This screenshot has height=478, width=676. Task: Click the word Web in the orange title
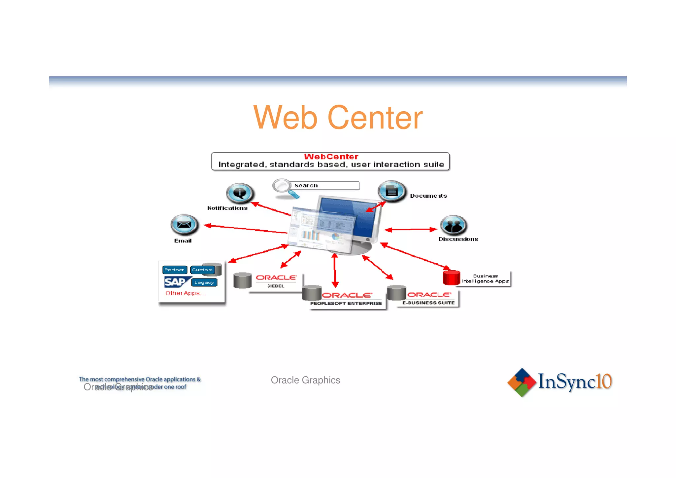point(285,118)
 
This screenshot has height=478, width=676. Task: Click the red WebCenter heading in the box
point(331,157)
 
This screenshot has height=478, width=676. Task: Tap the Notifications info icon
point(240,193)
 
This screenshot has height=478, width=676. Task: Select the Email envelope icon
point(184,225)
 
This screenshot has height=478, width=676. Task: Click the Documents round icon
point(391,191)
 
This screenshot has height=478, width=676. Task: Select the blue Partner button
point(174,270)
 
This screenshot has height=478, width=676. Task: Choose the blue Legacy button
point(204,282)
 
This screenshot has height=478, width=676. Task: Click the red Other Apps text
point(186,293)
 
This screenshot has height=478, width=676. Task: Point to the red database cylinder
point(451,277)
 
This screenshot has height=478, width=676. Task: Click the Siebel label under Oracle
point(276,286)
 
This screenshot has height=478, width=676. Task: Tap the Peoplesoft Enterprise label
point(346,303)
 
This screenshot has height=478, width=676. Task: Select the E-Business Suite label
point(428,303)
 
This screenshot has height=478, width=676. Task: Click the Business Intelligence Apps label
point(485,278)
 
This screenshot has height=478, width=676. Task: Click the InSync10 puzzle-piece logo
point(522,382)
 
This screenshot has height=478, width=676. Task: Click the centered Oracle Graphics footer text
point(305,380)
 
